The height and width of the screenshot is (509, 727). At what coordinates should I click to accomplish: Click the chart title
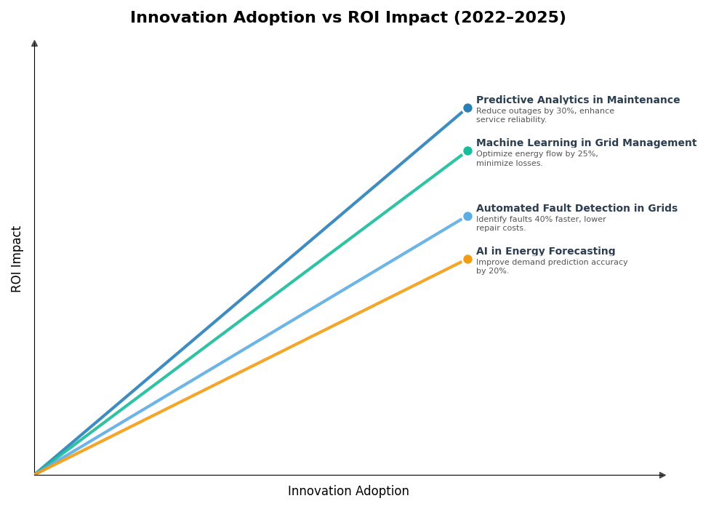point(348,18)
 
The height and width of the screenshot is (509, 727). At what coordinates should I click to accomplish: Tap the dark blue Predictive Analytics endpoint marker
point(467,108)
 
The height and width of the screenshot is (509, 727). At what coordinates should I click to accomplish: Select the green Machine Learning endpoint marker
point(467,151)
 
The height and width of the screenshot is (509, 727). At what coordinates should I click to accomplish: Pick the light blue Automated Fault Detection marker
point(467,217)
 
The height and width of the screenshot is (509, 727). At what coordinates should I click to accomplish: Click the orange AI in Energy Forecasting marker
point(467,260)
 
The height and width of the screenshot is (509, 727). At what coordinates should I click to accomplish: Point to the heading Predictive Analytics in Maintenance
point(577,100)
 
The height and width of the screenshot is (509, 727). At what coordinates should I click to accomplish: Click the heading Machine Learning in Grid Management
point(586,143)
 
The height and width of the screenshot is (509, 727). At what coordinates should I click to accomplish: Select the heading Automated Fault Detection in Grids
point(577,209)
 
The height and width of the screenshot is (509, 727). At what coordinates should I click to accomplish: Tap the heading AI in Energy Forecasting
point(545,252)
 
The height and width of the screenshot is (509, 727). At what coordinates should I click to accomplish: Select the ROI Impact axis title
point(17,259)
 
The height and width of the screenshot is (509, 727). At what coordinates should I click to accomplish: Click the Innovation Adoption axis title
point(348,492)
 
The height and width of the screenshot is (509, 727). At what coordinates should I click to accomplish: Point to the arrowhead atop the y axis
point(34,44)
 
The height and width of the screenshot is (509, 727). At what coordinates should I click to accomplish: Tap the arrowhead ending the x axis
point(662,475)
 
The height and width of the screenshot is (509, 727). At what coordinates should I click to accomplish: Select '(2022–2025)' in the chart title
point(509,18)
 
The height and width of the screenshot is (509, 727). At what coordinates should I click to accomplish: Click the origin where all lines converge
point(35,474)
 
